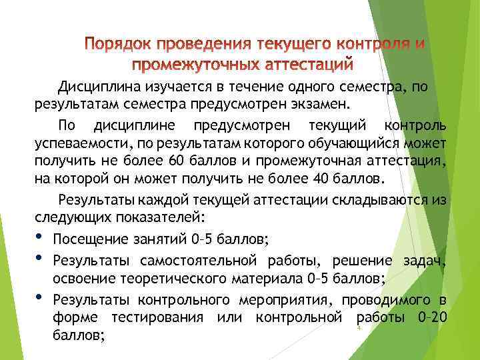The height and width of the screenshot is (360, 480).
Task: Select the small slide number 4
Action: pos(358,329)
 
